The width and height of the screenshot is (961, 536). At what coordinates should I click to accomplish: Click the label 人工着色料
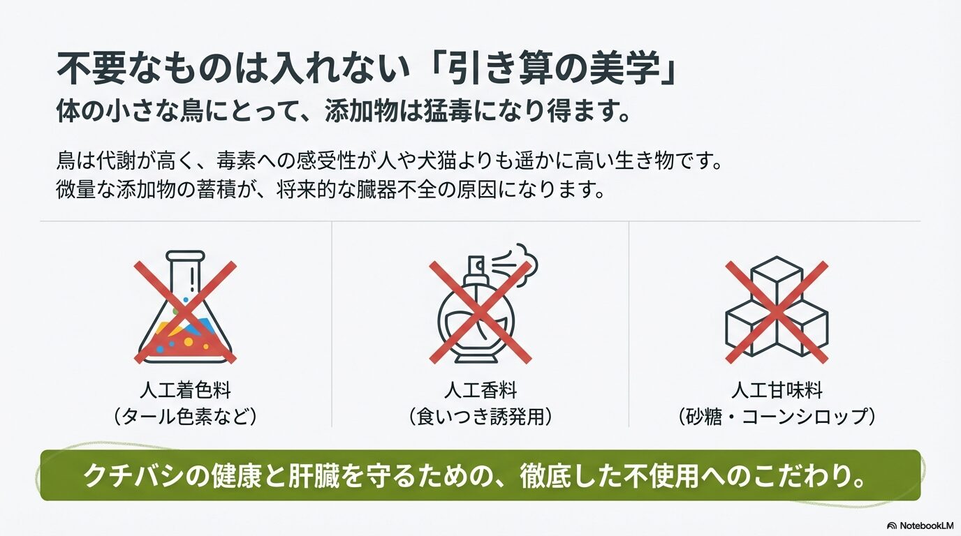185,389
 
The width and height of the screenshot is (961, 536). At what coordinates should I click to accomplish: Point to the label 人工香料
480,389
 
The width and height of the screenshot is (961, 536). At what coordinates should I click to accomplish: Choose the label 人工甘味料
776,389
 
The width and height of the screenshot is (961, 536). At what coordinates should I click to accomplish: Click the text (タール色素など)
185,417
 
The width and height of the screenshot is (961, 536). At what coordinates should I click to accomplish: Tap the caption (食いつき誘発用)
480,417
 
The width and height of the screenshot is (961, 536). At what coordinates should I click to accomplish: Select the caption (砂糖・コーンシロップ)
776,417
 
